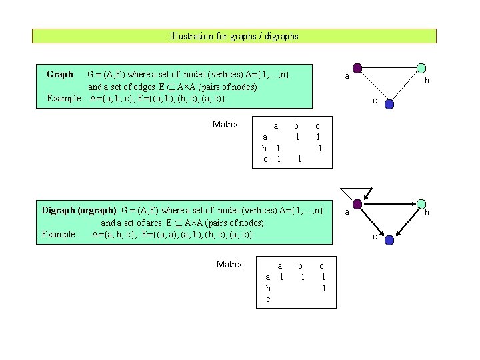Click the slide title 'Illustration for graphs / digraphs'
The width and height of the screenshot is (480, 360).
coord(234,36)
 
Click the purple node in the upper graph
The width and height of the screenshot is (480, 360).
coord(357,68)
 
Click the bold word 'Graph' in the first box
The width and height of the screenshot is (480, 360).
coord(60,74)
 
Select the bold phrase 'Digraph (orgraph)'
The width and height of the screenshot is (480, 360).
coord(79,210)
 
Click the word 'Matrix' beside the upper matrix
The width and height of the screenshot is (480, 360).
coord(225,124)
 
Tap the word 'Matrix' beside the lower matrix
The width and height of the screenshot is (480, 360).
coord(229,264)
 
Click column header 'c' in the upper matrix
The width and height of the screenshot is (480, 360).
coord(317,125)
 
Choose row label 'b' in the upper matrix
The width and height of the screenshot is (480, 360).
coord(264,148)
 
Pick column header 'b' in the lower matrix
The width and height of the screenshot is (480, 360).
coord(300,265)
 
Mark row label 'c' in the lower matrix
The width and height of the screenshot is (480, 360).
coord(268,299)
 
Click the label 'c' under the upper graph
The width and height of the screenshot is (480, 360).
coord(375,101)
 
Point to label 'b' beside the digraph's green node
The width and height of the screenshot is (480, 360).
coord(427,213)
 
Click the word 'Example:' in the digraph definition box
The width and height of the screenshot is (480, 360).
coord(59,234)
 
